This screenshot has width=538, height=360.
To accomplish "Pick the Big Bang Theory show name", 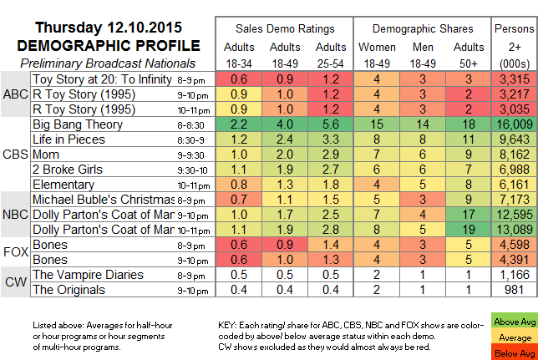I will pyautogui.click(x=78, y=124).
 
